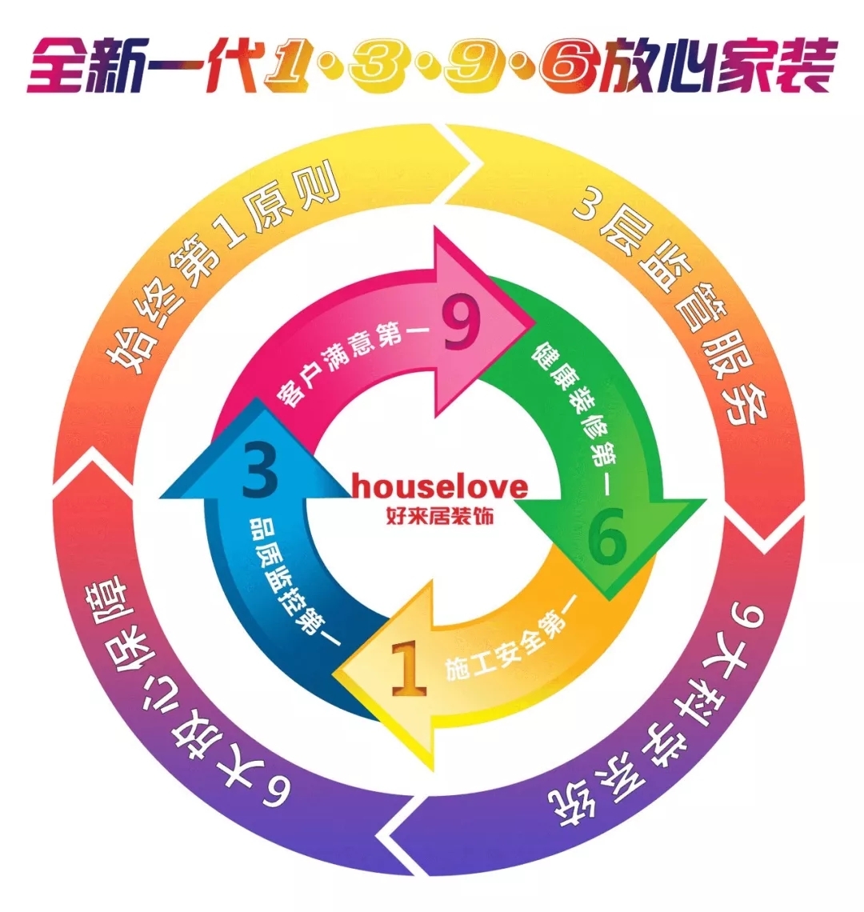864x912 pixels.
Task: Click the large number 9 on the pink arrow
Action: [x=462, y=326]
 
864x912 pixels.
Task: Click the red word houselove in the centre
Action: [x=439, y=486]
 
